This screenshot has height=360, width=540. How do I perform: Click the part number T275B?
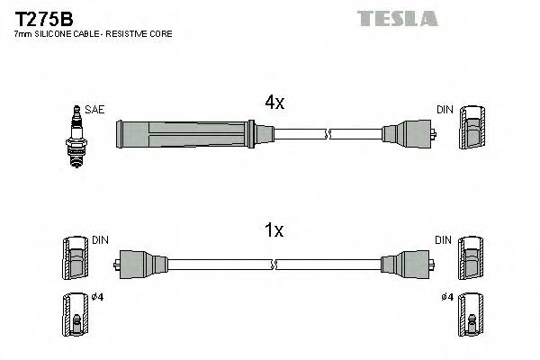[x=43, y=17]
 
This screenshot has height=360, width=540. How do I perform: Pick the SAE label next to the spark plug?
[x=95, y=110]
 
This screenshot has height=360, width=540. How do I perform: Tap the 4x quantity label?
[x=274, y=103]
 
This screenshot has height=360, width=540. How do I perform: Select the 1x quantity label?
[x=274, y=231]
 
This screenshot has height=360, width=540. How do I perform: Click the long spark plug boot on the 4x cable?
[x=184, y=135]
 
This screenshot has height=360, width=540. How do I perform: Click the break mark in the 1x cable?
[x=275, y=265]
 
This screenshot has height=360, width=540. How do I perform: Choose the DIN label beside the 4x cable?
[x=444, y=110]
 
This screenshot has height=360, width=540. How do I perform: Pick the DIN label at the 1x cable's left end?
[x=99, y=240]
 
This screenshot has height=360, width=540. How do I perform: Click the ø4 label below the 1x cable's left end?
[x=98, y=298]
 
